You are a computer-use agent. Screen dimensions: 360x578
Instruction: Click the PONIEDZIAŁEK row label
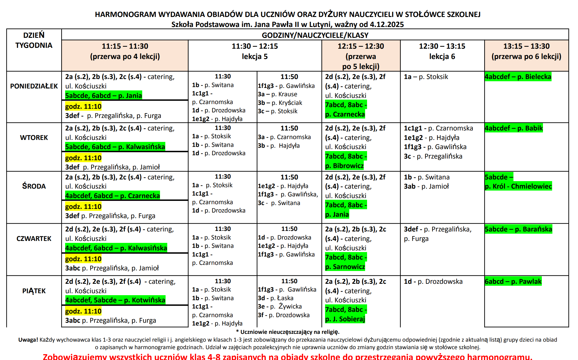click(34, 86)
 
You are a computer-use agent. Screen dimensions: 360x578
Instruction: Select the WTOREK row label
click(34, 138)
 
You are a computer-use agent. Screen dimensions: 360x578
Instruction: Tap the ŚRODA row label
click(34, 186)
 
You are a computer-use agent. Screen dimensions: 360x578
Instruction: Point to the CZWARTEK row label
click(34, 239)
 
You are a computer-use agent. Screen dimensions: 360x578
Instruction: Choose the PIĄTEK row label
click(34, 291)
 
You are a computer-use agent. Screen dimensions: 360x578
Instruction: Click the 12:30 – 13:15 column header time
click(442, 46)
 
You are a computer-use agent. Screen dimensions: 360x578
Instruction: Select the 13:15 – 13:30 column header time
click(526, 46)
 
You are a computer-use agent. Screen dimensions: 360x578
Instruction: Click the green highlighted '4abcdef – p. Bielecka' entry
click(518, 77)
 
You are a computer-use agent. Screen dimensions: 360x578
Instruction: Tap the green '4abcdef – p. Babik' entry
click(513, 128)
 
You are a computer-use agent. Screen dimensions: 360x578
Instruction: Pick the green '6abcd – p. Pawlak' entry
click(513, 282)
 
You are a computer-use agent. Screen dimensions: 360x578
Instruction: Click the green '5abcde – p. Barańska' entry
click(518, 229)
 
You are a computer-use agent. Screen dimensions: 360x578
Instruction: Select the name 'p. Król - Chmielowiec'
click(518, 186)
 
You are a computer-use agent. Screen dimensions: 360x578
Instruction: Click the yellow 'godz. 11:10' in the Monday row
click(83, 107)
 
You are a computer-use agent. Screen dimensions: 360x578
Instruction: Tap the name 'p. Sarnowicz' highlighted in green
click(345, 267)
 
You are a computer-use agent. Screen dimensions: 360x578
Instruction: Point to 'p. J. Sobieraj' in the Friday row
click(345, 319)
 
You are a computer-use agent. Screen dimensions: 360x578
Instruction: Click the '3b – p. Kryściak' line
click(280, 103)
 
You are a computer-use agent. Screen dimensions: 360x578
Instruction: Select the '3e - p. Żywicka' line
click(280, 307)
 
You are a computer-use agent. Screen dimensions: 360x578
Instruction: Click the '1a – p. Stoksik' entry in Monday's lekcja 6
click(426, 77)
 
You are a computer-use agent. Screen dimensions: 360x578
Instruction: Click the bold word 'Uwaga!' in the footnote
click(28, 340)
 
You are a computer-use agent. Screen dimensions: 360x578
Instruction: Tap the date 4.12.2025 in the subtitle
click(387, 24)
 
